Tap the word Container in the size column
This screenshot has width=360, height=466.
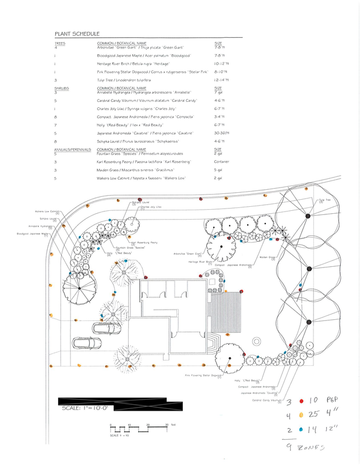click(x=223, y=161)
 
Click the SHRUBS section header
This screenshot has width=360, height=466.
click(x=61, y=89)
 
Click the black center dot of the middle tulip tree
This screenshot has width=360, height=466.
click(x=306, y=269)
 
